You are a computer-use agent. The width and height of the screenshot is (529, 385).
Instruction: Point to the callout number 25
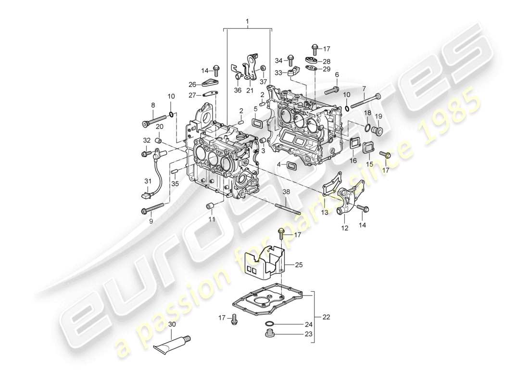299,265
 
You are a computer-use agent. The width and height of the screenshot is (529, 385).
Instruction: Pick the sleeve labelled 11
210,207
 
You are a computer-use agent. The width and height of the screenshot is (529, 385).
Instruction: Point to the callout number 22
327,317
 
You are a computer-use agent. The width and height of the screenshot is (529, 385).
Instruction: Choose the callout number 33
278,73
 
